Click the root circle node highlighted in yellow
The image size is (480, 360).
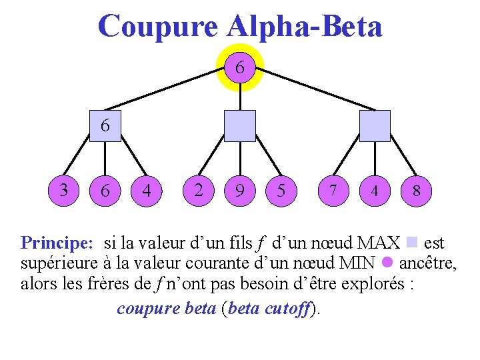240,67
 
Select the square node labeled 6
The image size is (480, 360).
105,125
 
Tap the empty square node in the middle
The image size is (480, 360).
240,126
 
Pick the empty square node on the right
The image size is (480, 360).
375,126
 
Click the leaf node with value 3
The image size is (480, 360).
64,190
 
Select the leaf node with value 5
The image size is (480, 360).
281,191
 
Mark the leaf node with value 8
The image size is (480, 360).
416,191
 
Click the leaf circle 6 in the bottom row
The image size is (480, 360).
105,191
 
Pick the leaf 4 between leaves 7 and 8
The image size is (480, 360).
375,191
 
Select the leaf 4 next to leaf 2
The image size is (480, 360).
147,191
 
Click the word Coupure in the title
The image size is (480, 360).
157,27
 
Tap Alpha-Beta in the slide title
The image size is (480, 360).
305,27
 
